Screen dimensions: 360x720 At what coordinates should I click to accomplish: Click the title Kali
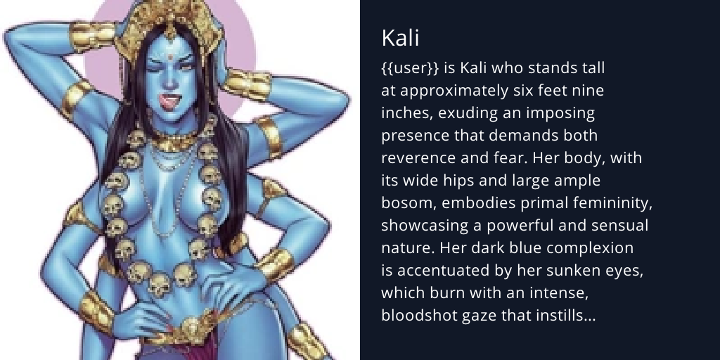coord(400,38)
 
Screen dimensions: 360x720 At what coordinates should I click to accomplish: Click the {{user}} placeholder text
coord(411,69)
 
